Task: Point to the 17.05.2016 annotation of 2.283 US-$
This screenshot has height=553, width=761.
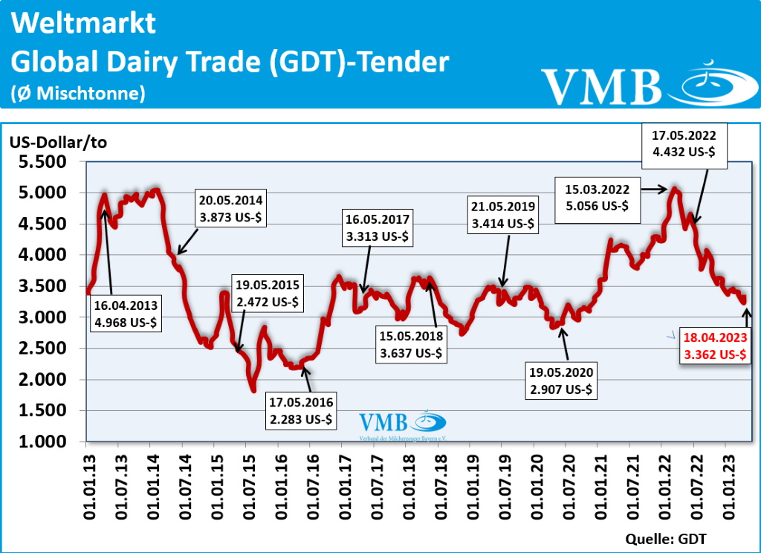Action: tap(302, 411)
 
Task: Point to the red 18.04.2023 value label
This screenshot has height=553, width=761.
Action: tap(714, 346)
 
